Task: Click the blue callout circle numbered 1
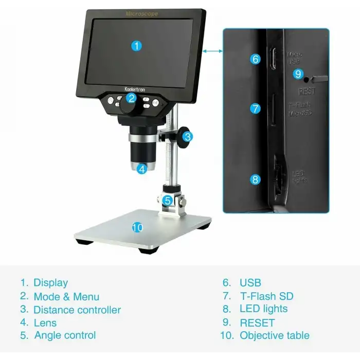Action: coord(136,45)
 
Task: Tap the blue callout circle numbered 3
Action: coord(188,137)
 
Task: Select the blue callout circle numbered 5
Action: coord(168,200)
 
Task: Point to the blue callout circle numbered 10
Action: coord(137,227)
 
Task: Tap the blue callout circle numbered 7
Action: coord(256,109)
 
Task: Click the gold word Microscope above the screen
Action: coord(142,14)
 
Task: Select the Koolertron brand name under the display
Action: coord(135,89)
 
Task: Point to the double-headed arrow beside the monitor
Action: coord(213,50)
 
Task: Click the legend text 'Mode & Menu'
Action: coord(66,297)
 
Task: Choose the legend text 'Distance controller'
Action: coord(77,310)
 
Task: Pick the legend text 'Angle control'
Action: coord(65,335)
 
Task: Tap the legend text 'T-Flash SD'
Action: coord(266,296)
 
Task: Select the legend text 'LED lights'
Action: coord(263,309)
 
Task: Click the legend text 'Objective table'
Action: coord(275,336)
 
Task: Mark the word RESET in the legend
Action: coord(257,323)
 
